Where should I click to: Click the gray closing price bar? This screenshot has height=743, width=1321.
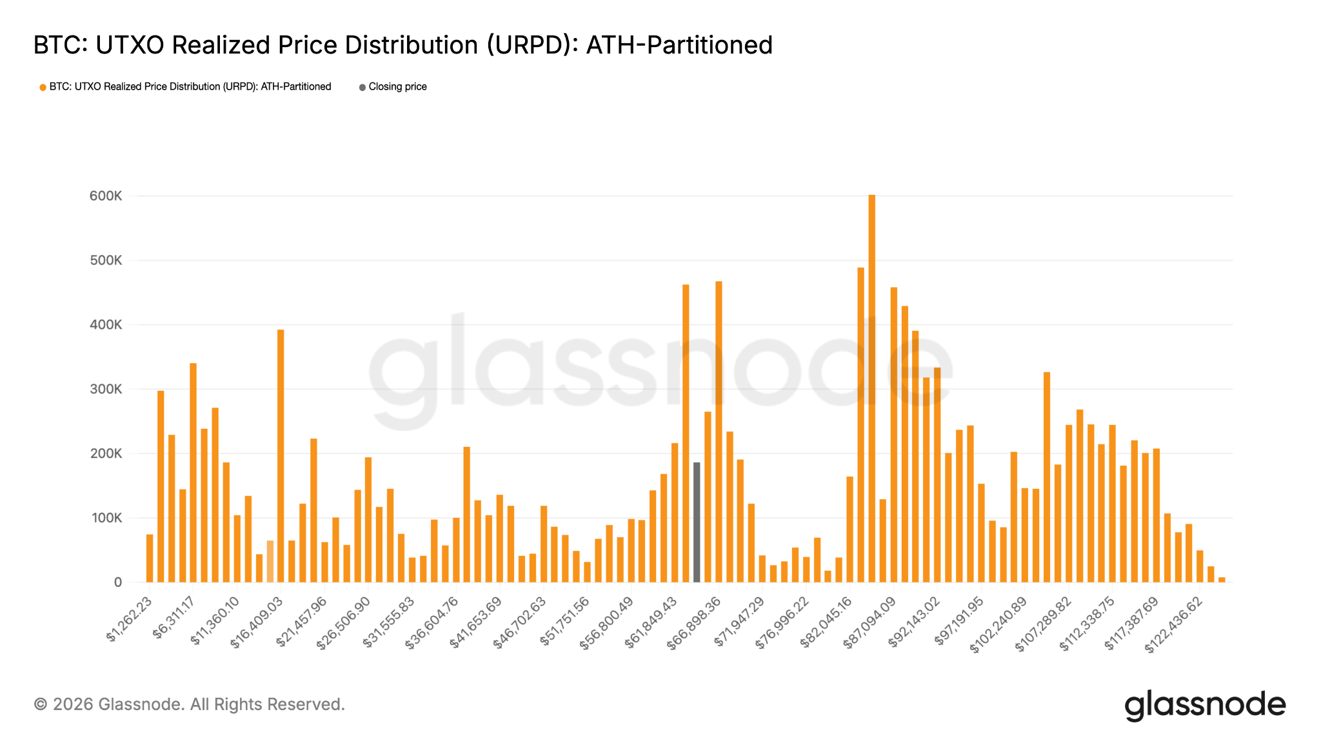(x=697, y=522)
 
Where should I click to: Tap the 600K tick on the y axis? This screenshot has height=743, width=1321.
(x=106, y=196)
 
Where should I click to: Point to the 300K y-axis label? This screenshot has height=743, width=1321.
(x=106, y=390)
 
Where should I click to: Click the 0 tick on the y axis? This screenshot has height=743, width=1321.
(x=117, y=582)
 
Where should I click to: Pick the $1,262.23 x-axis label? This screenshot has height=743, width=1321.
(x=130, y=619)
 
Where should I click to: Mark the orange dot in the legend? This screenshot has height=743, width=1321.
(x=43, y=88)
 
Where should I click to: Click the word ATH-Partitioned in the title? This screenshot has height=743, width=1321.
(x=679, y=45)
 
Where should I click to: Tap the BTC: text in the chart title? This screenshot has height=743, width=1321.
(x=61, y=45)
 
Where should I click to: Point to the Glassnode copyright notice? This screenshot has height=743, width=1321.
(x=189, y=704)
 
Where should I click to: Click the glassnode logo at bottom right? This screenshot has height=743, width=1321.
(x=1205, y=706)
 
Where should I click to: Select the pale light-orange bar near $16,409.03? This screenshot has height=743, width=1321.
(x=270, y=561)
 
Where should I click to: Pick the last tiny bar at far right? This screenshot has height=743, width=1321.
(x=1222, y=580)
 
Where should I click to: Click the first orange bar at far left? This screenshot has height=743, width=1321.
(x=150, y=559)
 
